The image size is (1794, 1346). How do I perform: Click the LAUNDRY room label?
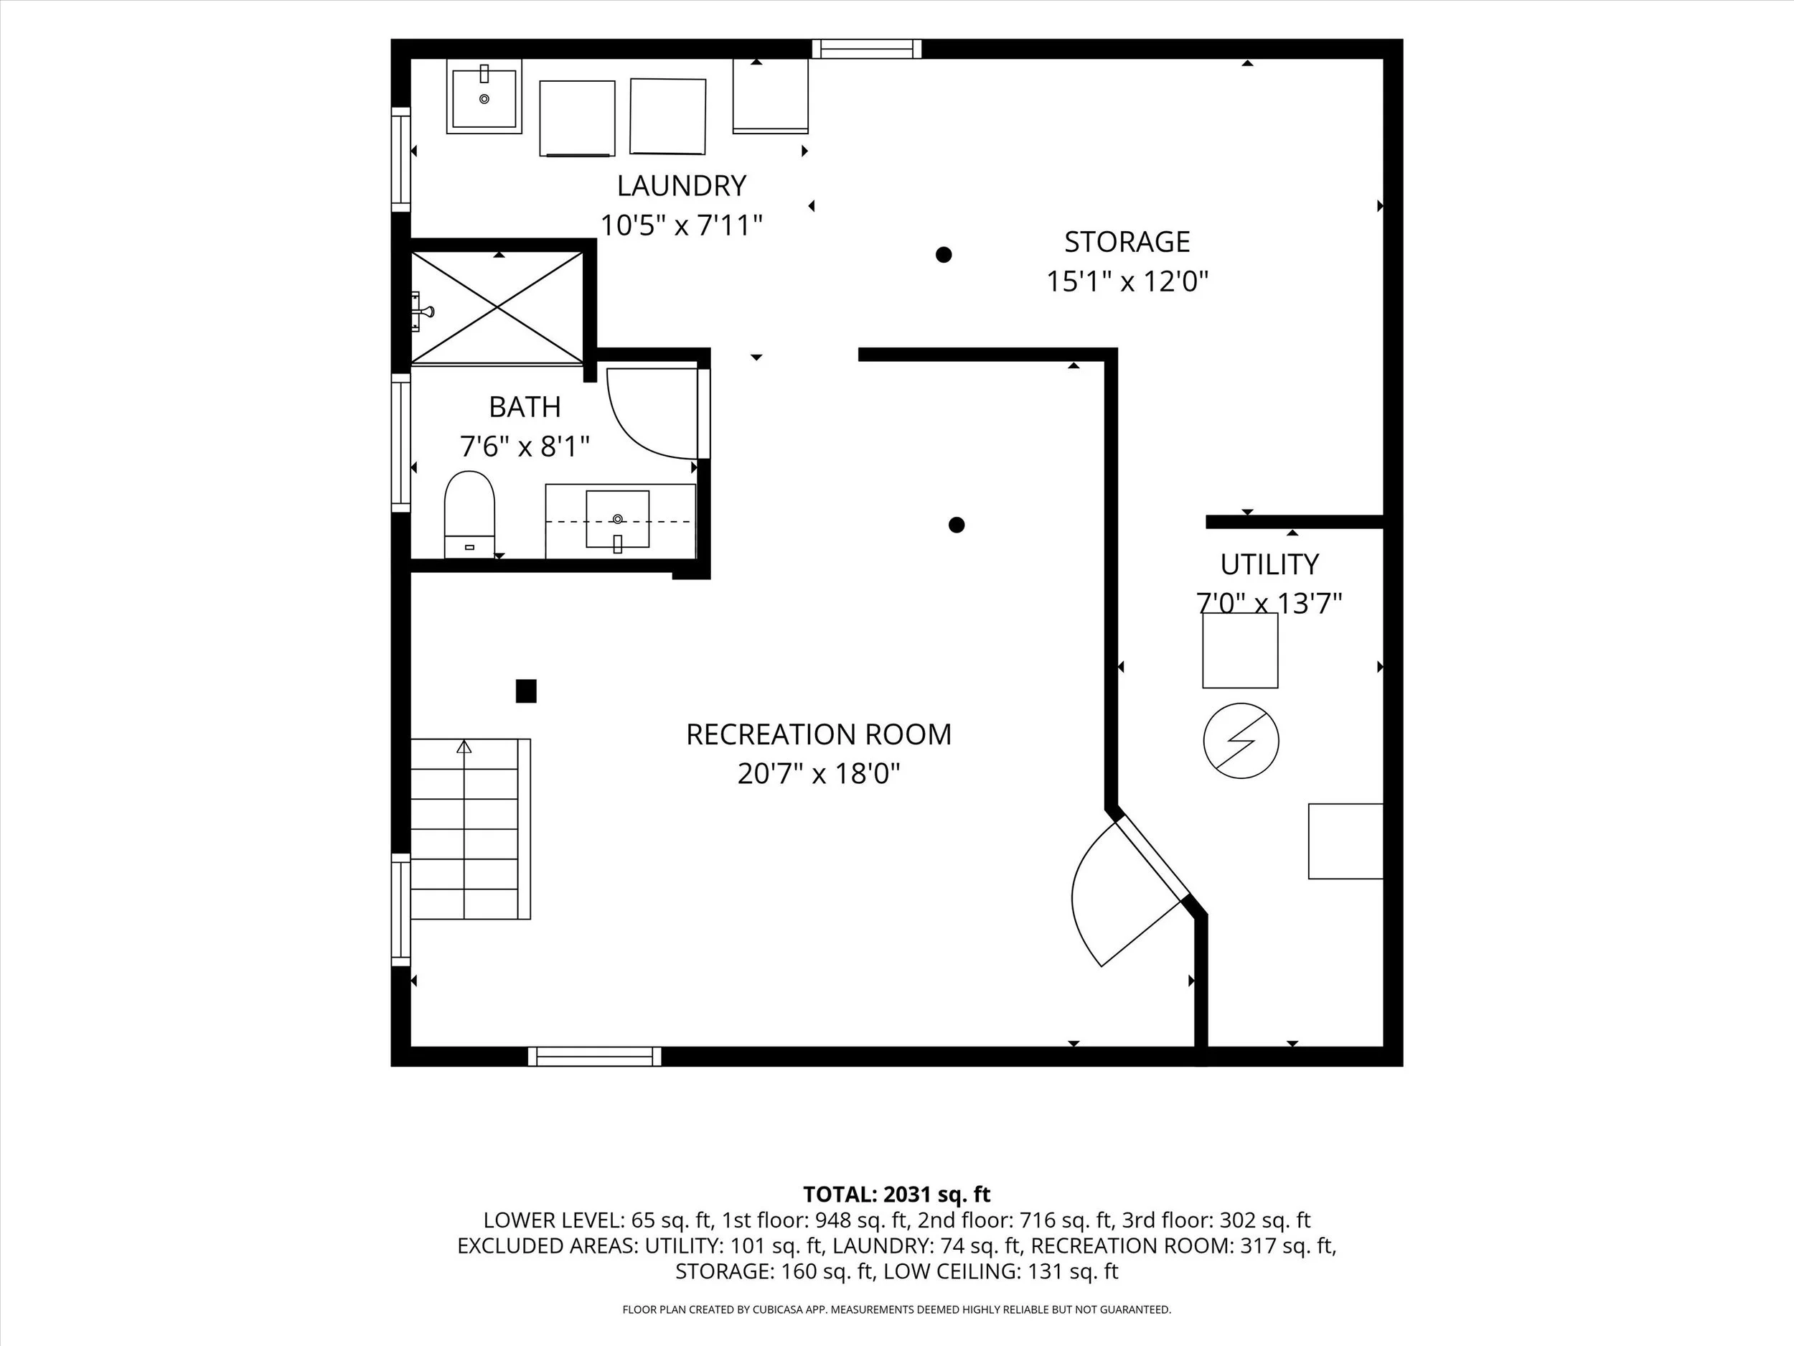point(681,186)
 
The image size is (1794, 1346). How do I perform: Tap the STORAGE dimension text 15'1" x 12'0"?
point(1127,281)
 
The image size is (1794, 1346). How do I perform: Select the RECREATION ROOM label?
point(818,734)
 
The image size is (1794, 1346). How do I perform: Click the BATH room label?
point(525,406)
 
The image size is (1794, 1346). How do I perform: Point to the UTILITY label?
point(1269,564)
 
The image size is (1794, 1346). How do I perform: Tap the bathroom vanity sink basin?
point(617,519)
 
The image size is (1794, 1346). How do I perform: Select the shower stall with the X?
point(497,307)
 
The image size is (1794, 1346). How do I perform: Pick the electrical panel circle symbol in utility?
point(1241,741)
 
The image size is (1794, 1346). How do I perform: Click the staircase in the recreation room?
point(471,829)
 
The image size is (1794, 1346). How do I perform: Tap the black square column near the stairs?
point(526,691)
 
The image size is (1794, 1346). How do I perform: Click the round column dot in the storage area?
point(943,255)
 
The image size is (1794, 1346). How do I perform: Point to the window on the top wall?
point(867,49)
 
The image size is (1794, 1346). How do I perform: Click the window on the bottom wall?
point(594,1057)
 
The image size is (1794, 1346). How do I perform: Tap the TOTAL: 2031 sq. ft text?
point(897,1195)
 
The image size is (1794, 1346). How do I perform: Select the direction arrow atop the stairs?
point(464,747)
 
